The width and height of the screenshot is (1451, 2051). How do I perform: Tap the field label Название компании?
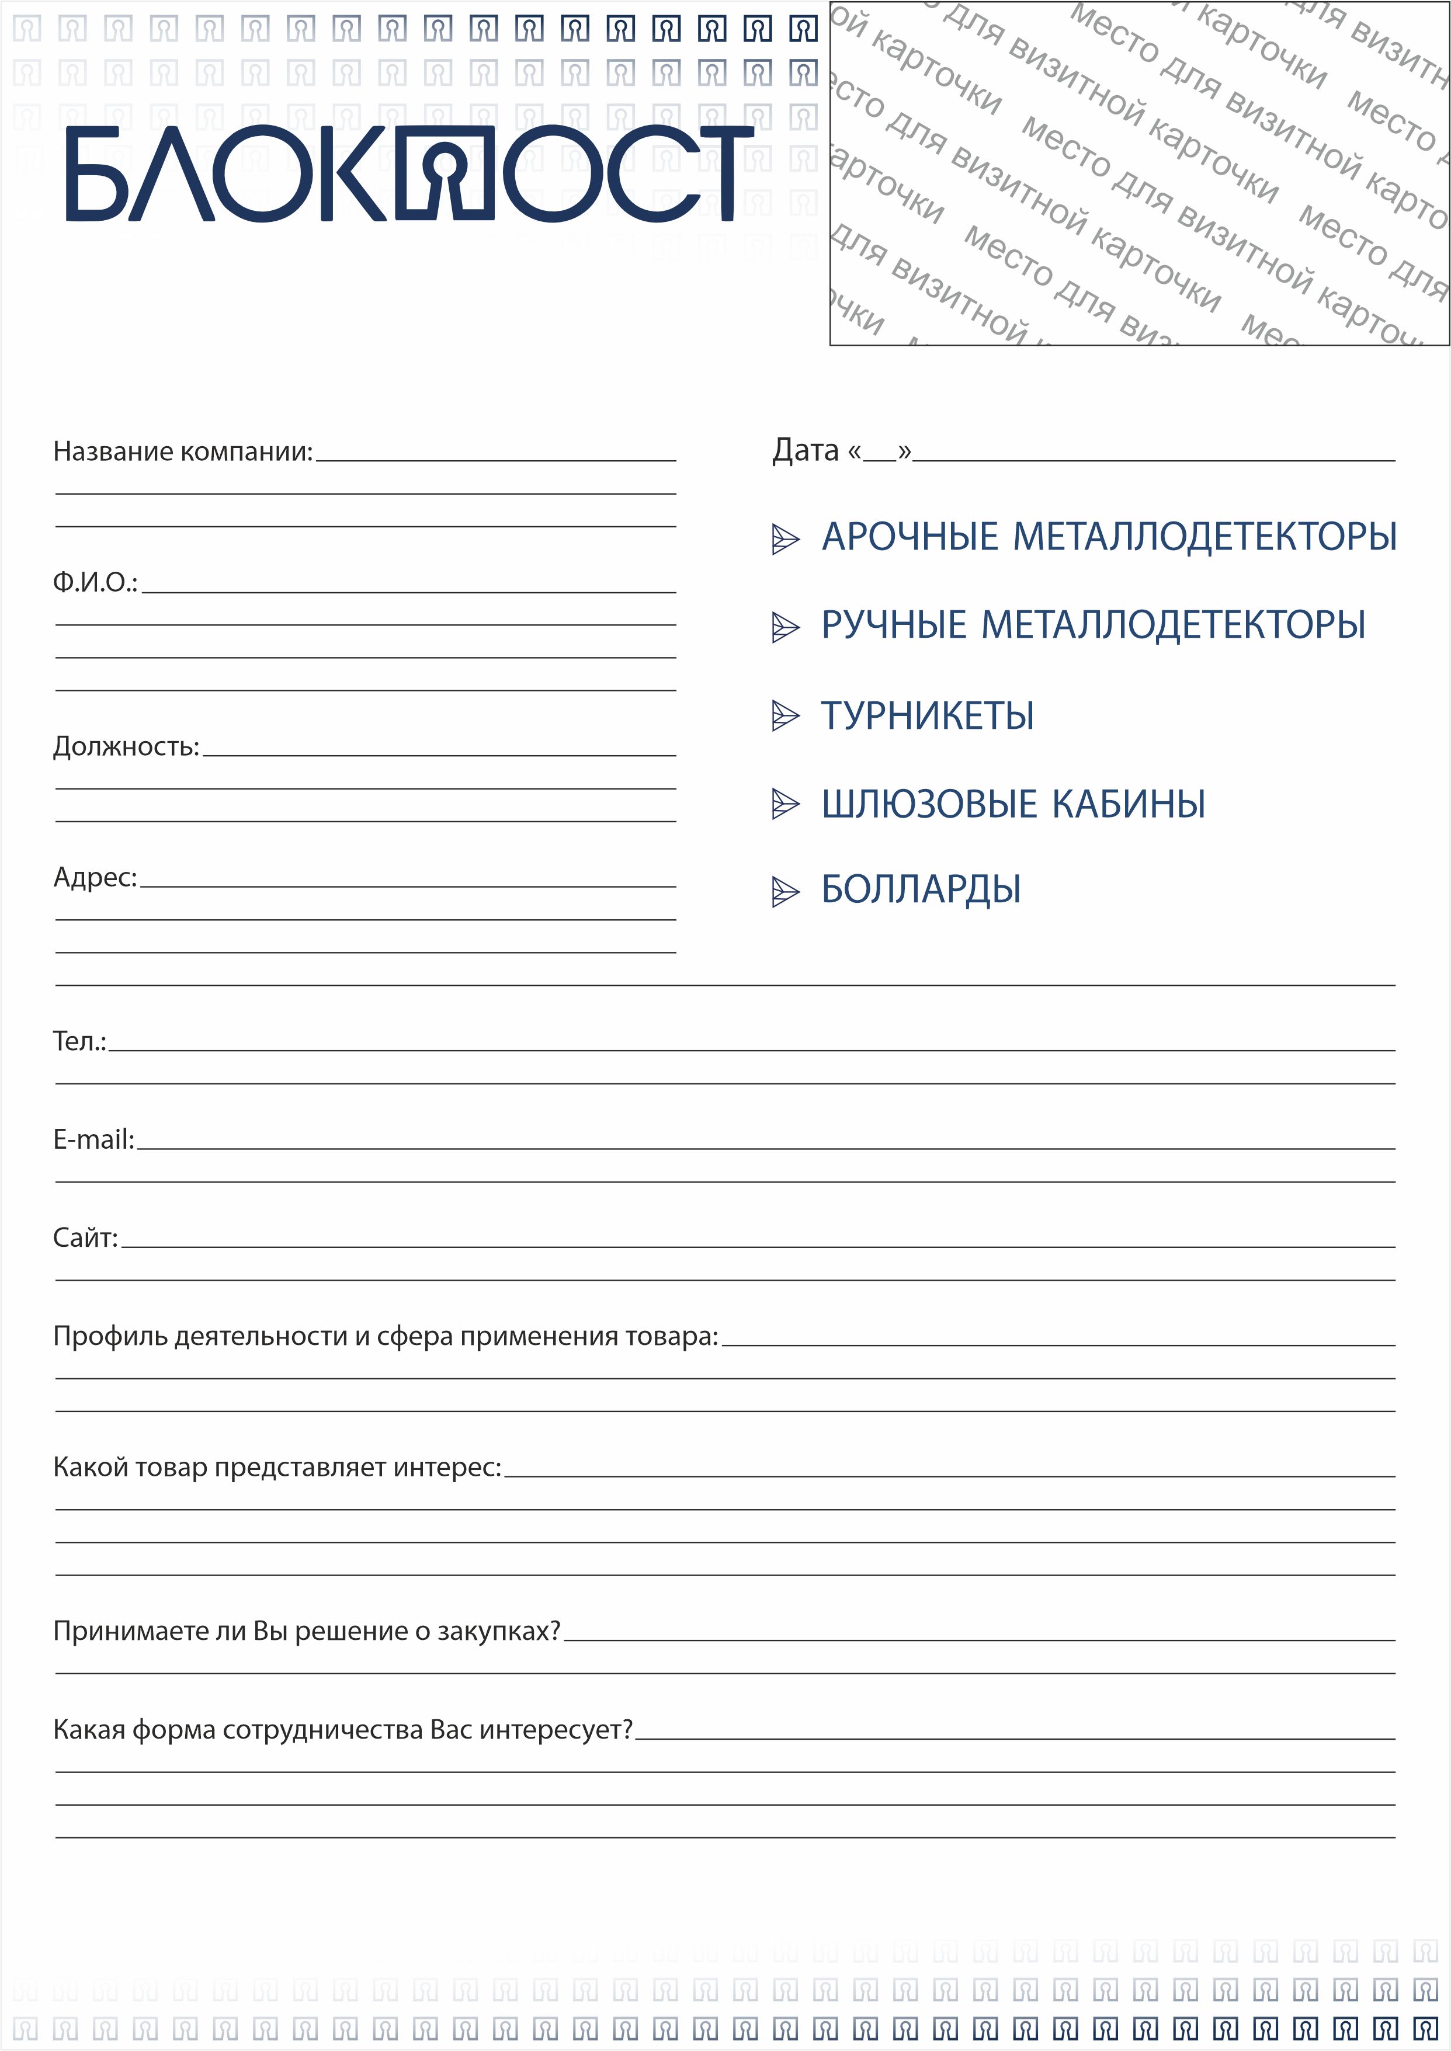(x=182, y=451)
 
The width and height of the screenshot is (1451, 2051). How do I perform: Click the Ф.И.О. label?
(x=95, y=582)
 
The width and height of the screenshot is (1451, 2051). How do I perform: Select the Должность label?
(x=126, y=746)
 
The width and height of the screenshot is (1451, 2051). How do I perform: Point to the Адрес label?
(x=95, y=877)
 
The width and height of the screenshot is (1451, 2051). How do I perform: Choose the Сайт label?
(x=85, y=1238)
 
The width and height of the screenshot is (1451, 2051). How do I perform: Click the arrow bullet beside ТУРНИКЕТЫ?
(x=784, y=715)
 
